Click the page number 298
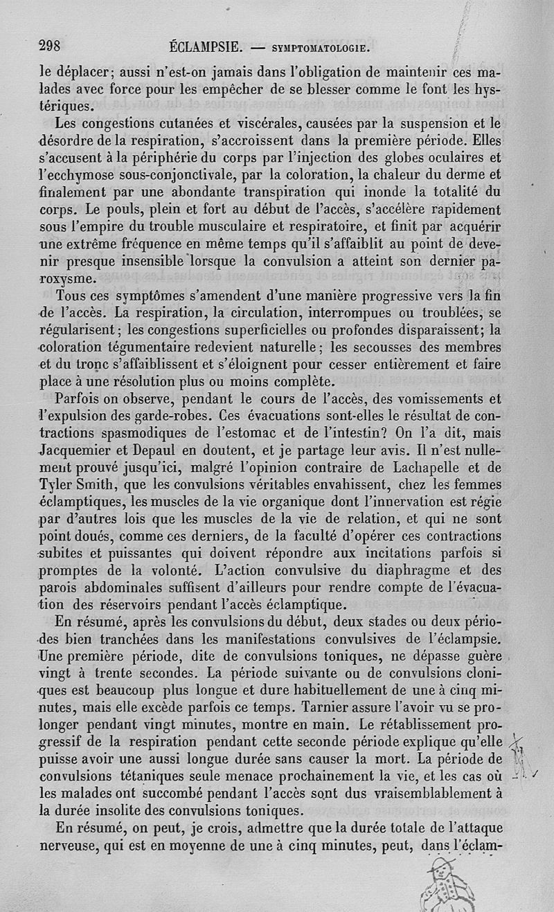(x=51, y=46)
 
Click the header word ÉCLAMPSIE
(x=205, y=48)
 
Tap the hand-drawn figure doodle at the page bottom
(x=445, y=884)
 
